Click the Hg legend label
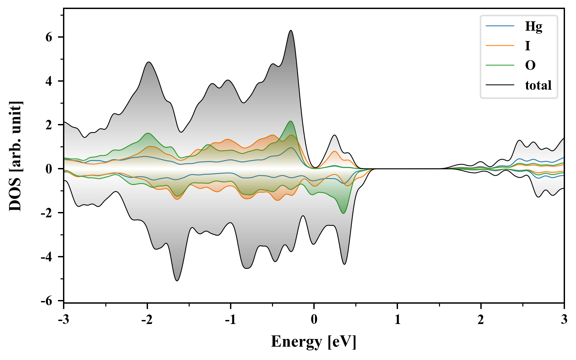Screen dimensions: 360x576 pyautogui.click(x=534, y=26)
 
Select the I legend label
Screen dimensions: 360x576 pyautogui.click(x=527, y=46)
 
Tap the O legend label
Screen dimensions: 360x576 pyautogui.click(x=530, y=65)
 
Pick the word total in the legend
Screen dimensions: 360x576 pyautogui.click(x=538, y=85)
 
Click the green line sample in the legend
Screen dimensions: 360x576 pyautogui.click(x=500, y=65)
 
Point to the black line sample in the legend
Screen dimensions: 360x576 pyautogui.click(x=500, y=85)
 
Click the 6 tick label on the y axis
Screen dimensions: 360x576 pyautogui.click(x=49, y=37)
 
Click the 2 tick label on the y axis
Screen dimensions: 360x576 pyautogui.click(x=49, y=125)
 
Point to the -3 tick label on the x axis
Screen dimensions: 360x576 pyautogui.click(x=63, y=320)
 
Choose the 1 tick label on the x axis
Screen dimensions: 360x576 pyautogui.click(x=397, y=320)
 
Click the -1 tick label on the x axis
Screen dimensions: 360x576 pyautogui.click(x=230, y=320)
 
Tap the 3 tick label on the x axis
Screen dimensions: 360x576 pyautogui.click(x=564, y=320)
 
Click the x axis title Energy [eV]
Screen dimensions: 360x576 pyautogui.click(x=314, y=342)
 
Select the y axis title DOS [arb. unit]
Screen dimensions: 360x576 pyautogui.click(x=15, y=156)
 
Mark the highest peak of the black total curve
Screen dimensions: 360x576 pyautogui.click(x=291, y=31)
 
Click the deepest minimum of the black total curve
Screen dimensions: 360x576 pyautogui.click(x=177, y=281)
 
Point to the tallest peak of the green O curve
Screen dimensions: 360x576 pyautogui.click(x=291, y=121)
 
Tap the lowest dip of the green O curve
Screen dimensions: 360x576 pyautogui.click(x=344, y=213)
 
